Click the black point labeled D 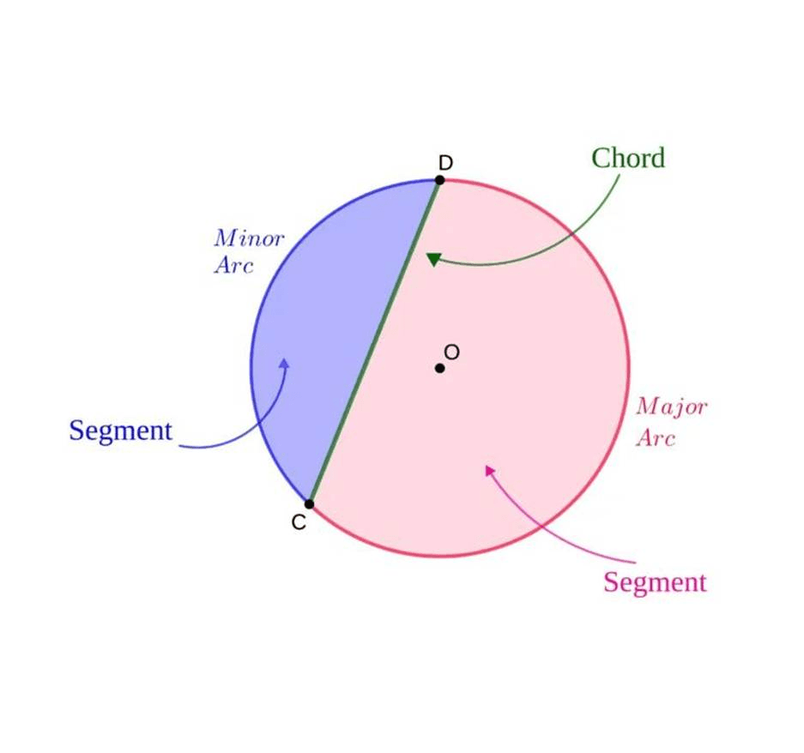[x=439, y=180]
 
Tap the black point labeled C [x=309, y=504]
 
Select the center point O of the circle [x=439, y=368]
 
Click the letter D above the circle [x=445, y=163]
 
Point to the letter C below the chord [x=299, y=522]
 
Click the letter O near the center [x=451, y=352]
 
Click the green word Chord [x=628, y=158]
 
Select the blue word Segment [x=120, y=431]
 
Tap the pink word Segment [x=655, y=583]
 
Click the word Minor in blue [x=249, y=238]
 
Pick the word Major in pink [x=672, y=408]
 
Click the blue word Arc [x=233, y=265]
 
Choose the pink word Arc [x=656, y=437]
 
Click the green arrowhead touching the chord [x=434, y=259]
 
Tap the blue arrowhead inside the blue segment [x=284, y=363]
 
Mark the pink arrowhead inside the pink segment [x=489, y=470]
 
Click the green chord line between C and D [x=374, y=342]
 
